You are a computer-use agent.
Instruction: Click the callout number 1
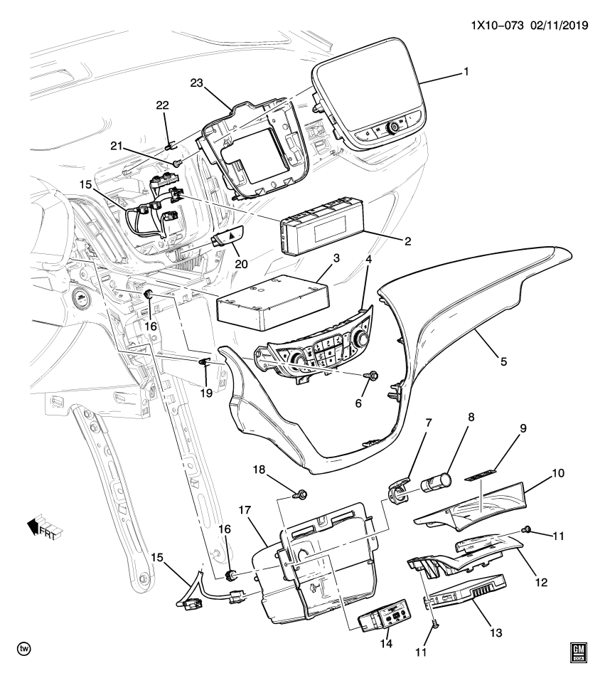point(466,73)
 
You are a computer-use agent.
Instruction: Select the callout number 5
point(503,361)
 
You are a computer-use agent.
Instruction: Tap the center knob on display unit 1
point(392,129)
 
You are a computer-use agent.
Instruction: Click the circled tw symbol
point(24,650)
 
